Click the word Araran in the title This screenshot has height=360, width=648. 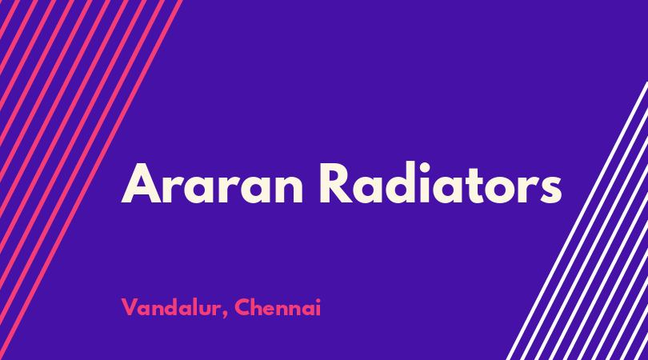[x=212, y=182]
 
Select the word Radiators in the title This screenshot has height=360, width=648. [x=441, y=182]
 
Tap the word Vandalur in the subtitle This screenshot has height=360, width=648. [x=171, y=307]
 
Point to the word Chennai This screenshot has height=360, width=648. [x=278, y=307]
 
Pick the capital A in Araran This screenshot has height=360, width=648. [x=141, y=183]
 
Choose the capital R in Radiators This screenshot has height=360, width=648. [x=336, y=183]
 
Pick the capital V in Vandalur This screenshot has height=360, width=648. [x=129, y=307]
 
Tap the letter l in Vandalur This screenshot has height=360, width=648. [x=191, y=306]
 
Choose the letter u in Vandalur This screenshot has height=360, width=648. [x=202, y=310]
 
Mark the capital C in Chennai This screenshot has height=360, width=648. [x=242, y=307]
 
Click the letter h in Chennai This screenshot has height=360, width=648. [x=259, y=306]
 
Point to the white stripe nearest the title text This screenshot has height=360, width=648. [x=577, y=221]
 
